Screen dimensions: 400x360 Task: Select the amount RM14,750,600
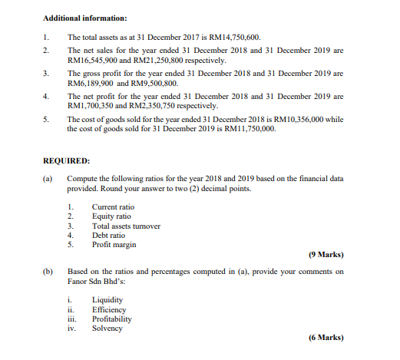230,37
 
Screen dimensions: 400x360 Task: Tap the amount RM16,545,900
95,60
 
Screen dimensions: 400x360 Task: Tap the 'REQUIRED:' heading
67,161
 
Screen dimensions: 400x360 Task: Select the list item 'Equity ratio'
111,217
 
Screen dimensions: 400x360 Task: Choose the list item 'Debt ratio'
109,236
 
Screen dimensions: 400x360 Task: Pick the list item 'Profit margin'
114,245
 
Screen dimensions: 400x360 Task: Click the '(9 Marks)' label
326,254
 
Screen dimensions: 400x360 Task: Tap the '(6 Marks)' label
326,338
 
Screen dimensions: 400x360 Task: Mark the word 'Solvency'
107,328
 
